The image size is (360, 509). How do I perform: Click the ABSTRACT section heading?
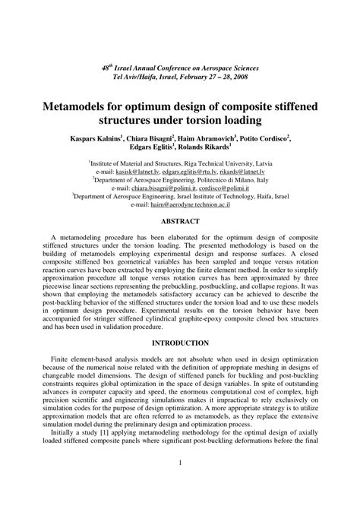point(179,221)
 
